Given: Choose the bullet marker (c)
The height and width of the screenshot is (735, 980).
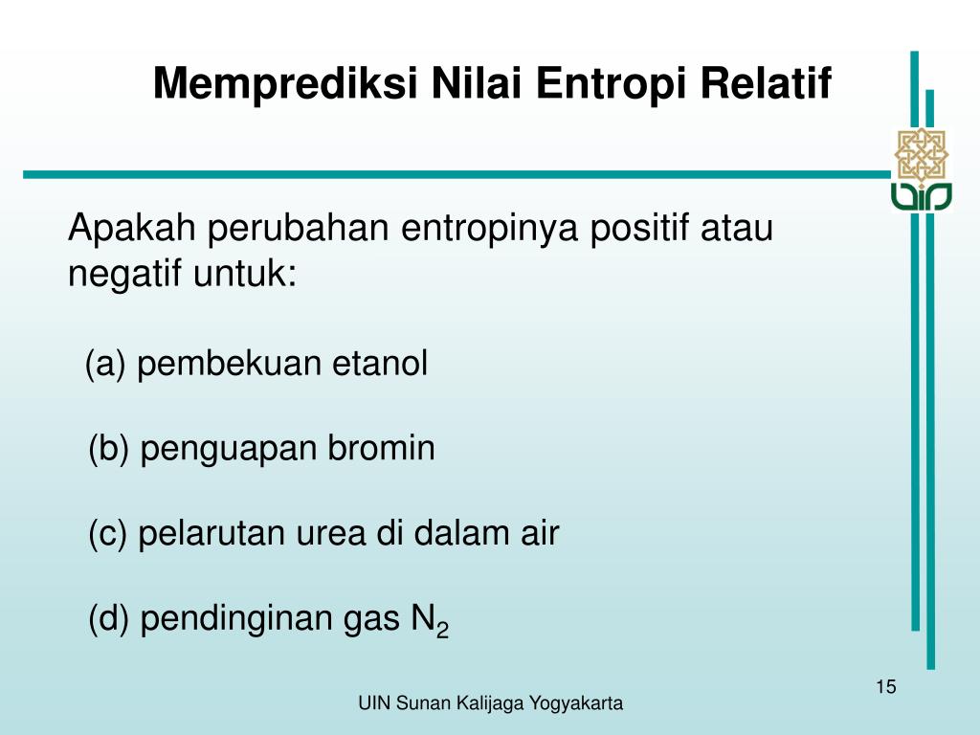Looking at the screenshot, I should (x=108, y=534).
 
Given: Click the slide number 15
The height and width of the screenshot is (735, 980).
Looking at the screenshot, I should (x=884, y=686).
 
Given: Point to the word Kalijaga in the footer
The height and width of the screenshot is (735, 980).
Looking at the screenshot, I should (x=497, y=704).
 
